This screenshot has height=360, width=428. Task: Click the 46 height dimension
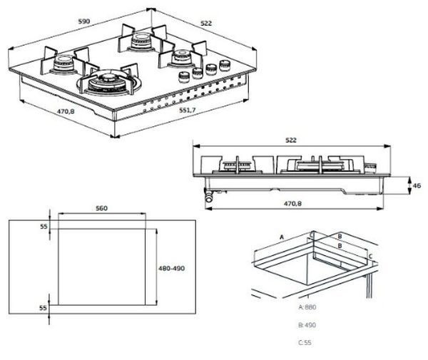(417, 185)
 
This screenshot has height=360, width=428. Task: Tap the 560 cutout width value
(101, 208)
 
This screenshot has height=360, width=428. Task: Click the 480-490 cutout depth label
(171, 268)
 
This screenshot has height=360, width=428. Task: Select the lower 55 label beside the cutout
(43, 308)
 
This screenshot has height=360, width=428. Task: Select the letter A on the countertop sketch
(282, 235)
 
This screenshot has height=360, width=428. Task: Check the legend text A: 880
(308, 307)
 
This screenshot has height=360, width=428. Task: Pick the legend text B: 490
(308, 325)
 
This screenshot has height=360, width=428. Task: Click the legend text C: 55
(306, 343)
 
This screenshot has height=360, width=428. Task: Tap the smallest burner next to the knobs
(180, 56)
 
